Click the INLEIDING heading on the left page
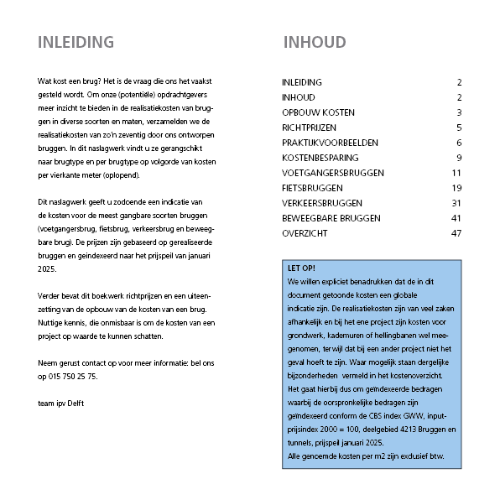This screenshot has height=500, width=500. [76, 43]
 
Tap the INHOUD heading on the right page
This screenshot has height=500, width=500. [315, 43]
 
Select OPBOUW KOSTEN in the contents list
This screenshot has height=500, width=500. [318, 112]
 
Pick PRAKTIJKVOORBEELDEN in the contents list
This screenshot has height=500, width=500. [331, 143]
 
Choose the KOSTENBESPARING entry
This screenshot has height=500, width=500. [320, 158]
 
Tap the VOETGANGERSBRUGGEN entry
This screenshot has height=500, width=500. [333, 173]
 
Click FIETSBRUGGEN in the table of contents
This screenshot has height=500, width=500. [314, 188]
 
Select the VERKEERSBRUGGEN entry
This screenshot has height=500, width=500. [322, 203]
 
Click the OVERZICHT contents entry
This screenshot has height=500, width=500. [305, 233]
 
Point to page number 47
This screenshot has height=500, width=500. [456, 233]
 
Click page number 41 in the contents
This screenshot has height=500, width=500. [456, 218]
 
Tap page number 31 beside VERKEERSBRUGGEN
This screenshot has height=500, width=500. [456, 203]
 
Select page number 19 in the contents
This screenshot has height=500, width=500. [456, 188]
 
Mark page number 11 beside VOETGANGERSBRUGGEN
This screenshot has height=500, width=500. [456, 173]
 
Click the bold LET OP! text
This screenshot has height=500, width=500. [302, 269]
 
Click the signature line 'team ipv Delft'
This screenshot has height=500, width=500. [61, 403]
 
